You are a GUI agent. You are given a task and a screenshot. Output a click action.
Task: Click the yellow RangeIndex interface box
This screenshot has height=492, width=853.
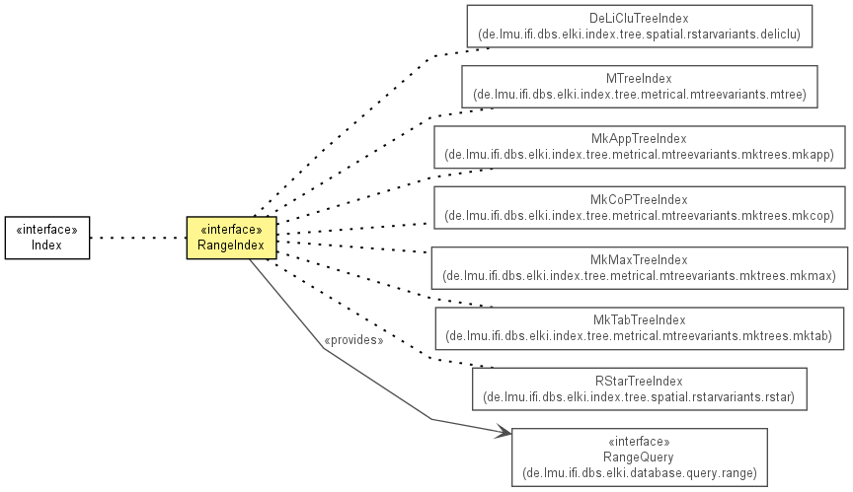coord(231,238)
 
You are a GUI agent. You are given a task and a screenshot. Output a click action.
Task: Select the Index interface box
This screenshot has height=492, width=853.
coord(47,238)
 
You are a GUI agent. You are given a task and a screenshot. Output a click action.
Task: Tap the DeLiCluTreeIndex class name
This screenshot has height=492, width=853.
coord(639,19)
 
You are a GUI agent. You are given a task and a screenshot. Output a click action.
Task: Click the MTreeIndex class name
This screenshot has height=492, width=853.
coord(639,79)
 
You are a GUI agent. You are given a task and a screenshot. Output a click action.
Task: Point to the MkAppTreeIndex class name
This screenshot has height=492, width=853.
coord(639,139)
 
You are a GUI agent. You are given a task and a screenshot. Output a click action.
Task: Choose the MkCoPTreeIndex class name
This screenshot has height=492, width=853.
coord(639,200)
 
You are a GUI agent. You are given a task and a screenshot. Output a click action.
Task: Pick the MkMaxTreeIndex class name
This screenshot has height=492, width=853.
coord(639,260)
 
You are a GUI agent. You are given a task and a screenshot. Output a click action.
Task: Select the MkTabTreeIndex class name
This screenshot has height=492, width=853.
coord(639,320)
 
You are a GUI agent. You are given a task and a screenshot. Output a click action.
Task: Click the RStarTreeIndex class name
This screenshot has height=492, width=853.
coord(639,382)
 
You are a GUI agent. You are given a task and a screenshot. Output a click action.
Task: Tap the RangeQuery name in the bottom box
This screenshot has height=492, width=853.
coord(639,457)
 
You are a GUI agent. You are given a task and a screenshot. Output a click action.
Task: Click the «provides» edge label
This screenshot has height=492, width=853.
coord(353,340)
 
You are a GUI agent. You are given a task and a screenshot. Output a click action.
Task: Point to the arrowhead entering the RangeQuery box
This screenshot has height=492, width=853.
coord(504,432)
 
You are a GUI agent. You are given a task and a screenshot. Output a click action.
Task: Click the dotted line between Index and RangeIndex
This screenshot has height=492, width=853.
coord(138,238)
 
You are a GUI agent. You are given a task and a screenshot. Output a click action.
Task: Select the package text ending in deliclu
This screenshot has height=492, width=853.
coord(639,35)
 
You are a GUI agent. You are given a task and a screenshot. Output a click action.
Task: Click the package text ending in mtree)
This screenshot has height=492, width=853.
coord(639,95)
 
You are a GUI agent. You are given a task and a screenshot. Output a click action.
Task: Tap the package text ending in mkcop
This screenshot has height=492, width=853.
coord(639,216)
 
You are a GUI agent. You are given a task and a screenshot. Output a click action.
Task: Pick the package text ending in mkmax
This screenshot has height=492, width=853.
coord(639,276)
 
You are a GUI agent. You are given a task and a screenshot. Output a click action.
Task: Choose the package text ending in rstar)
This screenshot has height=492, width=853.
coord(639,397)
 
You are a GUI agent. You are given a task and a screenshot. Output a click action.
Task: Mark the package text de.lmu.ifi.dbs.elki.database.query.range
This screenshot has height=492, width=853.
coord(639,473)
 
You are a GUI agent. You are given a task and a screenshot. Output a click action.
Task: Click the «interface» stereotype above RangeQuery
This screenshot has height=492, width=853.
coord(639,442)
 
